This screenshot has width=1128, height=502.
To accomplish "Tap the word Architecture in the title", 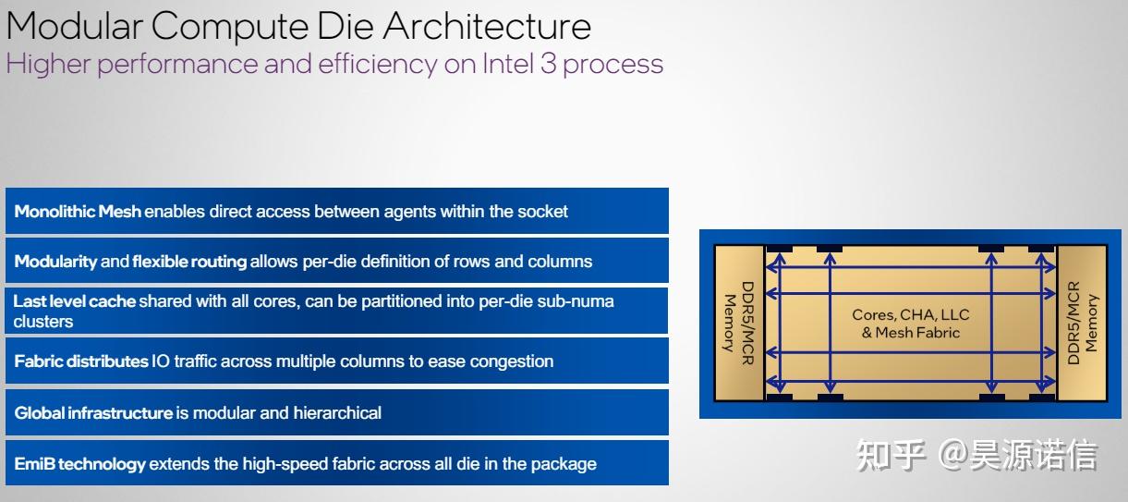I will click(x=486, y=26).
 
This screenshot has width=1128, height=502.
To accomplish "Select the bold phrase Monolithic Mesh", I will click(x=78, y=212).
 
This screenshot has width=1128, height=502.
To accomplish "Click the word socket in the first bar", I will click(x=542, y=212).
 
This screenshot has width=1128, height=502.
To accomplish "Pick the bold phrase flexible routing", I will click(x=189, y=262).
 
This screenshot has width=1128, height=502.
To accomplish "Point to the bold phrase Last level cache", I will click(x=74, y=301).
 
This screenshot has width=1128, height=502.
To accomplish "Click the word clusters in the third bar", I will click(x=42, y=322).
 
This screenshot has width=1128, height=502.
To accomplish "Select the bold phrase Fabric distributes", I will click(x=80, y=361).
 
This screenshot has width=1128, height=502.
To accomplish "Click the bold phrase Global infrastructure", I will click(x=93, y=413).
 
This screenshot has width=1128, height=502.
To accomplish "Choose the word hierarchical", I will click(x=337, y=413).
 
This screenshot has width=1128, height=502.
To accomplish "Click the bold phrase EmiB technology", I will click(x=79, y=464).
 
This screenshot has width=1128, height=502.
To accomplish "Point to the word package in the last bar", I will click(x=565, y=464).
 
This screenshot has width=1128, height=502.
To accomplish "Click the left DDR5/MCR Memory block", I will click(x=739, y=324).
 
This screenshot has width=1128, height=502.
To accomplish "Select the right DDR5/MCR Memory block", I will click(x=1082, y=324).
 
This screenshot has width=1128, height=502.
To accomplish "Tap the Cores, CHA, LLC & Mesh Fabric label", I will click(x=910, y=324).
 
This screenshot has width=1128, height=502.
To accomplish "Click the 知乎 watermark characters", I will click(x=891, y=456).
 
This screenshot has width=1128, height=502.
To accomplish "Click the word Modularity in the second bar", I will click(x=55, y=262).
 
